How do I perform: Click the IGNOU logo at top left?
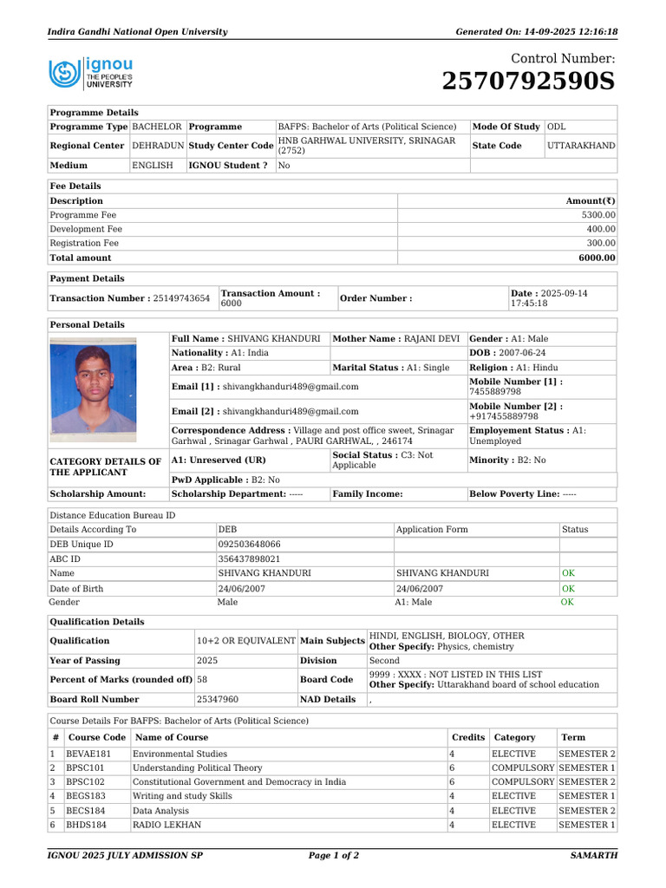pos(91,74)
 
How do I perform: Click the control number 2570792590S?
pos(527,82)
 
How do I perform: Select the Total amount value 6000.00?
pos(598,258)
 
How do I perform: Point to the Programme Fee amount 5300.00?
pos(598,215)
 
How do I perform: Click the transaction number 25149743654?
pos(181,298)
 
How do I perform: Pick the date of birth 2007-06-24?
pos(520,353)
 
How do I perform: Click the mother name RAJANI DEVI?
pos(430,338)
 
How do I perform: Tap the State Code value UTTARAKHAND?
pos(581,146)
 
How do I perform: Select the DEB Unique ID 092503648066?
pos(250,544)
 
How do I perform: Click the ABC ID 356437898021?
pos(250,558)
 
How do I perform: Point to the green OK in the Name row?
pos(568,573)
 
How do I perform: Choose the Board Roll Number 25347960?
pos(218,699)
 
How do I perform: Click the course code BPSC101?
pos(88,768)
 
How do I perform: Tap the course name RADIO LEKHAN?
pos(166,825)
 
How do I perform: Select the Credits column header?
pos(468,737)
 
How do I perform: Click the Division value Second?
pos(384,660)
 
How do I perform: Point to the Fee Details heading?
pos(75,186)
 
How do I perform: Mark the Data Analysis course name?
pos(162,811)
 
